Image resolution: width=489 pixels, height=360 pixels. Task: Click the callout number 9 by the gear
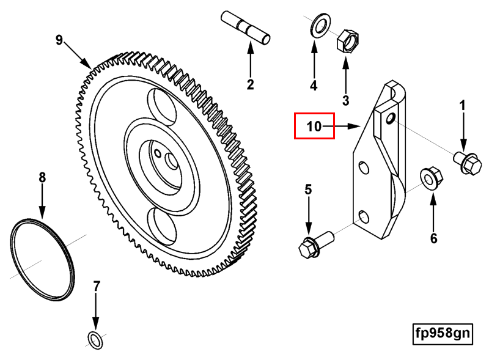(x=59, y=40)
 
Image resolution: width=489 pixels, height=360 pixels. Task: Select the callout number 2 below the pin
(x=250, y=84)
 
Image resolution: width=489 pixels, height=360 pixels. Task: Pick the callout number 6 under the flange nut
(x=434, y=238)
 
